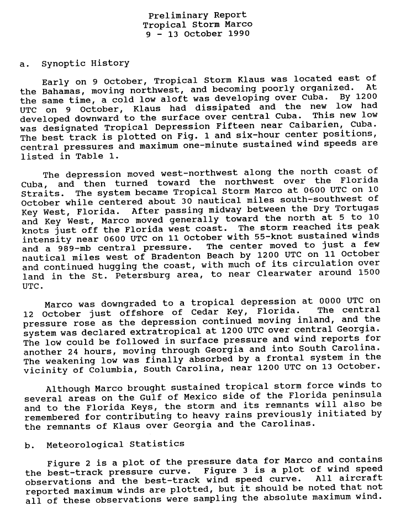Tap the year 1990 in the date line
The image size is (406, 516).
pyautogui.click(x=238, y=34)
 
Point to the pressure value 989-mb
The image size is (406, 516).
pyautogui.click(x=63, y=248)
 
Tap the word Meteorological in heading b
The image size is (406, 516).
pyautogui.click(x=85, y=444)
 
